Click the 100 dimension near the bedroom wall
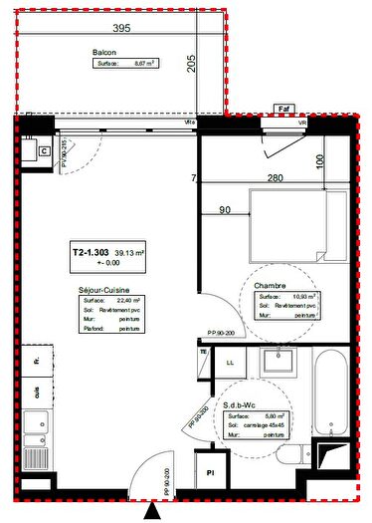[x=318, y=159]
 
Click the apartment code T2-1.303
[x=91, y=253]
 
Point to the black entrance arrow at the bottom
[x=151, y=512]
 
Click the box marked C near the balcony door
[x=44, y=150]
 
